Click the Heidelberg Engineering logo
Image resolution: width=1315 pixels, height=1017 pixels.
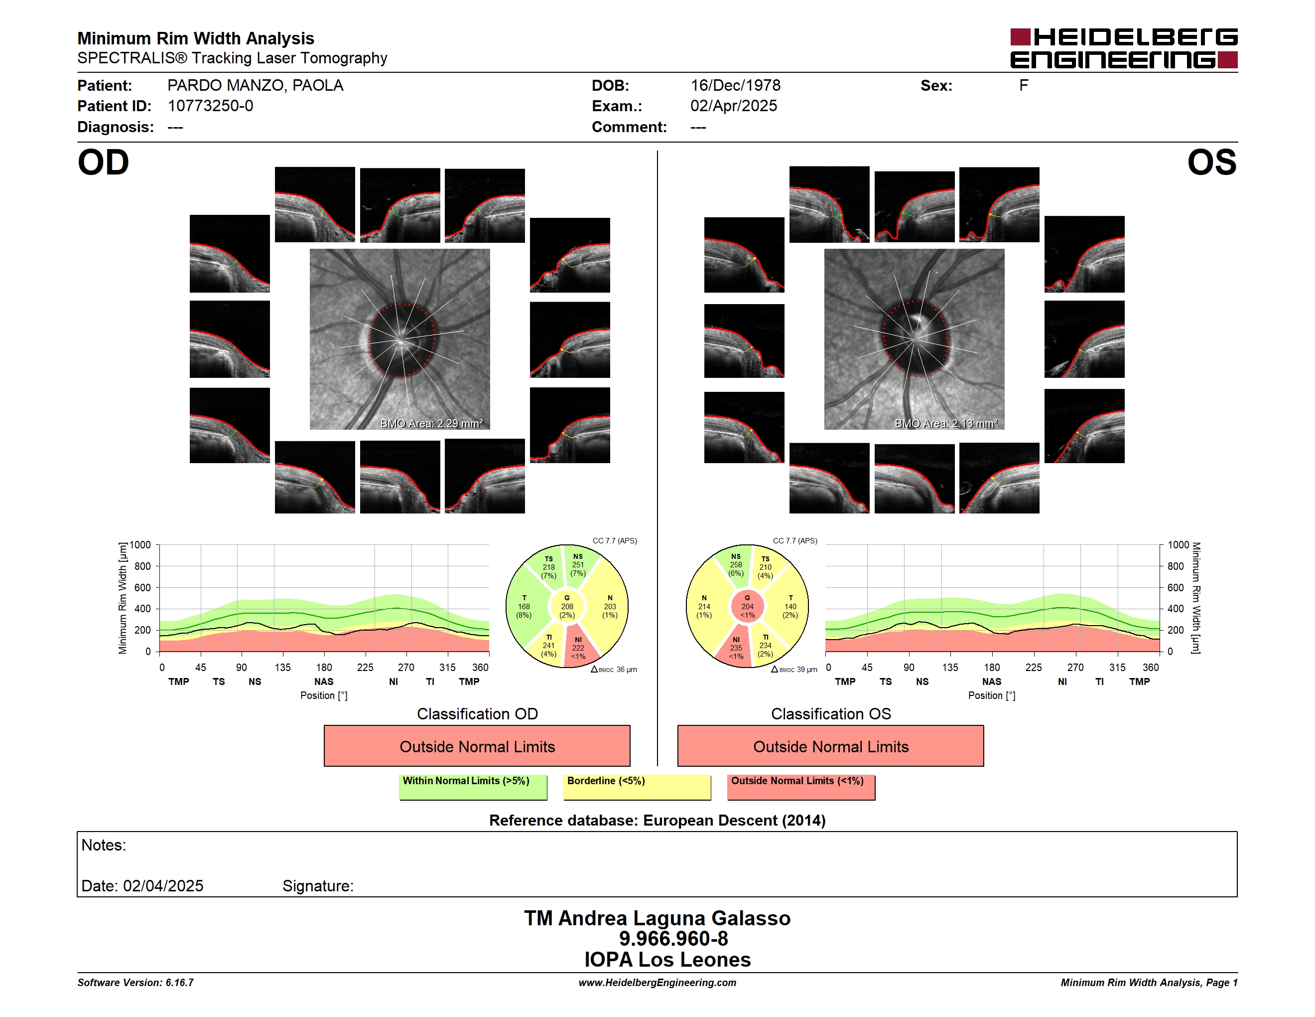1124,48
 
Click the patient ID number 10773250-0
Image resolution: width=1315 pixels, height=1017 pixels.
210,106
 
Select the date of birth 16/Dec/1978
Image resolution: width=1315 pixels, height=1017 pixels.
735,86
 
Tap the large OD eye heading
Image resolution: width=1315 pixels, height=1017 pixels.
103,163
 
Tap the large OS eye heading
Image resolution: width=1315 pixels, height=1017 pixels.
1211,163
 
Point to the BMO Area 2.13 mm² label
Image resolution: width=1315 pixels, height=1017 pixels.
946,424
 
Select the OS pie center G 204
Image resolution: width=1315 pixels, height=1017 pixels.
747,607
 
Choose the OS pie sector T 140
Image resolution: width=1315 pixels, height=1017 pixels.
790,607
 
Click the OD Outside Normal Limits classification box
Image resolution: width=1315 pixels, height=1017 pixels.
477,746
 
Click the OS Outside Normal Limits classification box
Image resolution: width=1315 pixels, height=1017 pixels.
830,746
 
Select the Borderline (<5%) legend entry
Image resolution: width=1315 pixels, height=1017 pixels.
637,787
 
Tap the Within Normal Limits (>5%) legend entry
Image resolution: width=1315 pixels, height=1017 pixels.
473,787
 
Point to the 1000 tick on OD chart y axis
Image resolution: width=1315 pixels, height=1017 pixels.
139,545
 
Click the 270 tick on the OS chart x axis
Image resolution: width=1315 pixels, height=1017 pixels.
1075,667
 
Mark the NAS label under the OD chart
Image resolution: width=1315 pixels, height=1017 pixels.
324,681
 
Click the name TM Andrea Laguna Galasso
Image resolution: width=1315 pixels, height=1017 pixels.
657,918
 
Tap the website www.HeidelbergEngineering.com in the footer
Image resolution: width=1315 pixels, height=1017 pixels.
657,983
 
